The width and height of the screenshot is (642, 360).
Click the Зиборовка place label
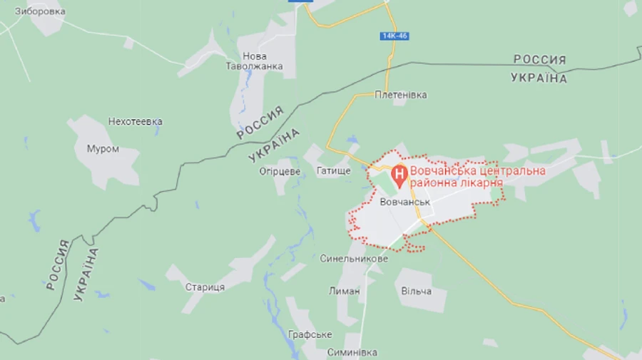tap(40, 11)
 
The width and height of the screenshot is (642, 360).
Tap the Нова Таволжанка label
tap(255, 61)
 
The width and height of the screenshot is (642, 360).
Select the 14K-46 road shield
tap(394, 36)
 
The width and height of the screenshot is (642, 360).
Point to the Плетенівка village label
tap(401, 95)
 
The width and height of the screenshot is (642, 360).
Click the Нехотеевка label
tap(135, 121)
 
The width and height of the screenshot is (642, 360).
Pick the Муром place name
tap(103, 149)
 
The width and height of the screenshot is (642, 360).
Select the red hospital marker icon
tap(399, 173)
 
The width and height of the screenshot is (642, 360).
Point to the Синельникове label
tap(354, 259)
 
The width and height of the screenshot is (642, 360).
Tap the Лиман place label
tap(344, 291)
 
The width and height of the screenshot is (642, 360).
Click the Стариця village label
tap(205, 287)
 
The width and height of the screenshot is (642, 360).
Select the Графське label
tap(310, 334)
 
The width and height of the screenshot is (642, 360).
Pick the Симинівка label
tap(352, 352)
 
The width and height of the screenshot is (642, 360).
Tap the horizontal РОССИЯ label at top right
tap(539, 60)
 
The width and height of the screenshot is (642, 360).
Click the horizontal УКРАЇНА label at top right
tap(539, 78)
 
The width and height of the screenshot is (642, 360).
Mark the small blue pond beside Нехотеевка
tap(157, 123)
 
